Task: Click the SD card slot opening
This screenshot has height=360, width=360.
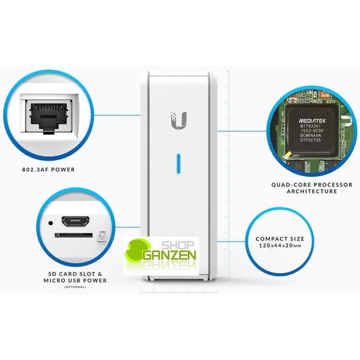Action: (x=75, y=235)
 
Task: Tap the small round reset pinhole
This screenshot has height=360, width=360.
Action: (x=50, y=223)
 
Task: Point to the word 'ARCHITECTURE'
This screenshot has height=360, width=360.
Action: (x=312, y=191)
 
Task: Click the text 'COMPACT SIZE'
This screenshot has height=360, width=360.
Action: (x=280, y=239)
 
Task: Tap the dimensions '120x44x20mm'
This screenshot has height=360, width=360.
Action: (x=280, y=246)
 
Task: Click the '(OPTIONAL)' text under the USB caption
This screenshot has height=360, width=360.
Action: (x=75, y=286)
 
